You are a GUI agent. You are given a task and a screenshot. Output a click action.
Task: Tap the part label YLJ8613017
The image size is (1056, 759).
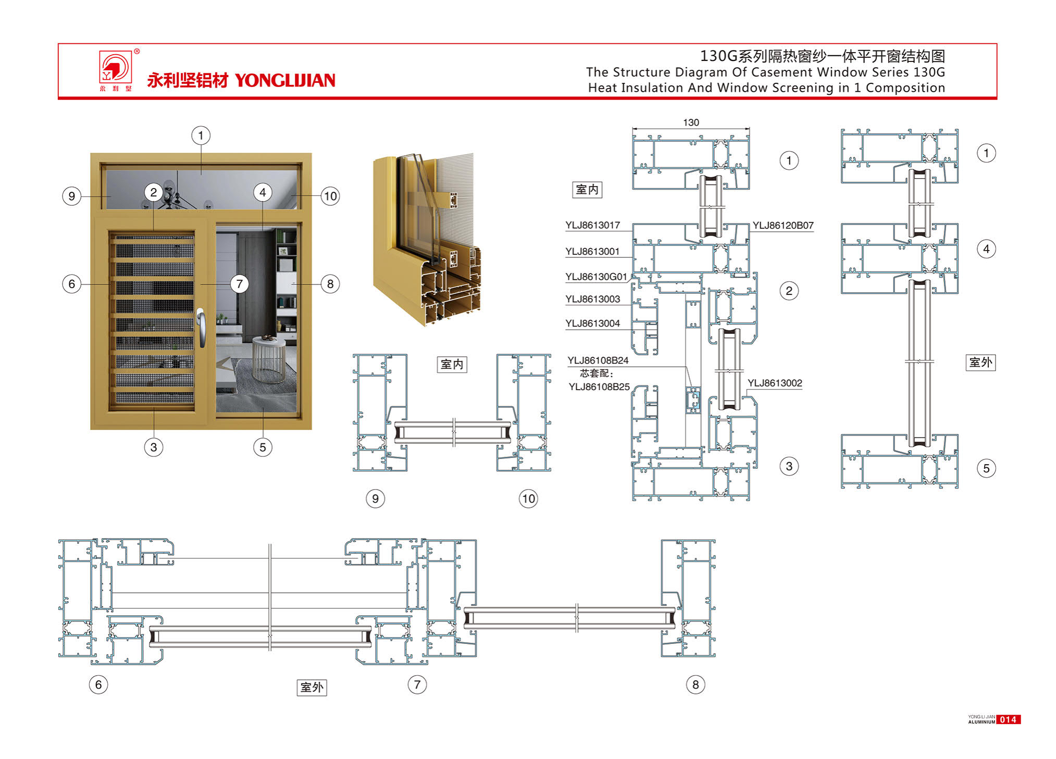(x=592, y=225)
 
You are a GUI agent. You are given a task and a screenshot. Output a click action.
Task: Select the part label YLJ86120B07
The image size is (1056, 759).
(x=782, y=226)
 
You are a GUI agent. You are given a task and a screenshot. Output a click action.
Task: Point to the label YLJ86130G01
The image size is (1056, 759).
(x=596, y=277)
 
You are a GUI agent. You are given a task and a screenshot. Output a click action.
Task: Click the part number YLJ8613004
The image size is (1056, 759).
(x=592, y=323)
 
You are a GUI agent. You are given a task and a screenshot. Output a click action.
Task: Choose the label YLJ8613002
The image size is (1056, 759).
(x=775, y=383)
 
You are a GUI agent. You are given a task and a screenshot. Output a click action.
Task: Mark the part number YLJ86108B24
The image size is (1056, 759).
(x=598, y=360)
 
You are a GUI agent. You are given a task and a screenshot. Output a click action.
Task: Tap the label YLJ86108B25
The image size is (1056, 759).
(x=599, y=387)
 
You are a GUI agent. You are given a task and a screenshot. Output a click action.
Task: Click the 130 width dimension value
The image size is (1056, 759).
(x=691, y=122)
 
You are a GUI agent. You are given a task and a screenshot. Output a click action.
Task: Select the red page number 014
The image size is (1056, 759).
(x=1008, y=720)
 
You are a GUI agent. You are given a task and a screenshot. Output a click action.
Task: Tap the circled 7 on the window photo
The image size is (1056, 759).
(x=239, y=284)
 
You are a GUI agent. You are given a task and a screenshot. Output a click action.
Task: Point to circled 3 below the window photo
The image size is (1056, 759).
(x=153, y=447)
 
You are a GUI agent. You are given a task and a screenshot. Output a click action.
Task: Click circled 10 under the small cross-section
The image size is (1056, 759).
(x=528, y=499)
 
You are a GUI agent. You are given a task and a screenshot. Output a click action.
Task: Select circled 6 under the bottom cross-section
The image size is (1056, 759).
(x=98, y=685)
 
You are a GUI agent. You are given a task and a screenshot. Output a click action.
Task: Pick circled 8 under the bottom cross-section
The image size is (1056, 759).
(x=695, y=685)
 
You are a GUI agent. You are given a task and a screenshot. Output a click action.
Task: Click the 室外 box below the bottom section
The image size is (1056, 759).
(x=312, y=688)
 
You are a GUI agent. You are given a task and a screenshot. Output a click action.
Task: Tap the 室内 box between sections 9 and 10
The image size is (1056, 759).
(x=452, y=364)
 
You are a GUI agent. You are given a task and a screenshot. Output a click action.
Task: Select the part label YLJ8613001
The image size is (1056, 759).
(x=592, y=252)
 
